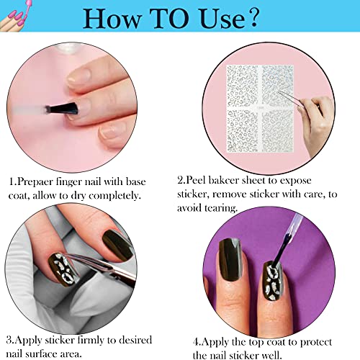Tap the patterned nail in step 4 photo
click(x=274, y=278)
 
